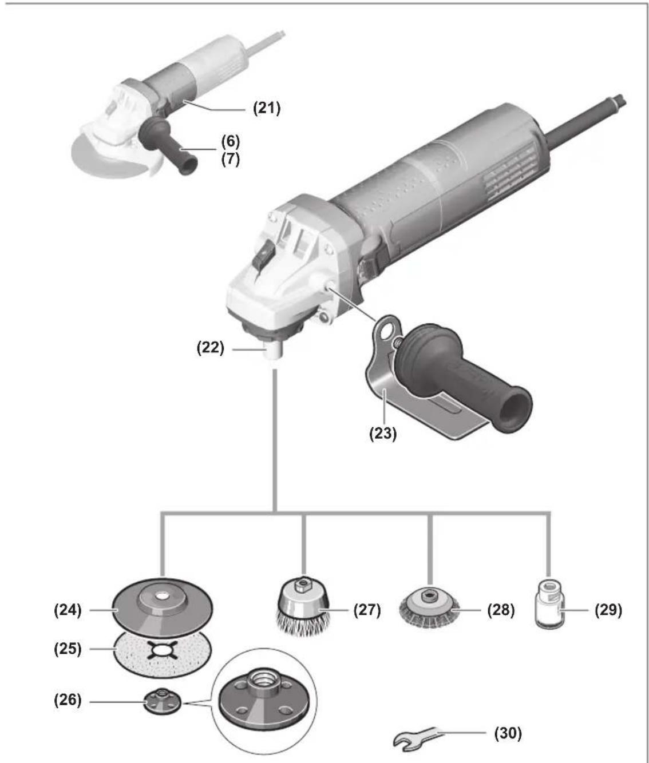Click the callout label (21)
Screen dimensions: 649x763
pos(266,109)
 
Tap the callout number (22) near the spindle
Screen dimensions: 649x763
pos(210,348)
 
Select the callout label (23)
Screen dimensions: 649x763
pos(383,434)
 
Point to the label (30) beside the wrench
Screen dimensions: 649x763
pos(508,733)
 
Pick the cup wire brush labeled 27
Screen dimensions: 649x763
pos(303,608)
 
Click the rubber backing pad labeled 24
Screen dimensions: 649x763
pos(162,607)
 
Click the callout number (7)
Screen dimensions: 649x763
pos(231,159)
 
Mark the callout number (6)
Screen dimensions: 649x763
pos(231,141)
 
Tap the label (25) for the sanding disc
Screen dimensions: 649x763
pos(68,649)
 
